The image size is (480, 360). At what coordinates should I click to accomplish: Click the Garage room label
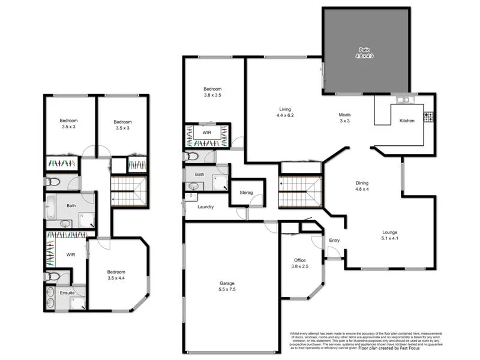coord(226,283)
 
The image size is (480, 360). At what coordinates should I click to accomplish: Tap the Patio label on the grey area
coord(364,50)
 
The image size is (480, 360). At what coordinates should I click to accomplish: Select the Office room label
coord(299,260)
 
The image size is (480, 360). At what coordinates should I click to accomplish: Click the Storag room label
coord(247,193)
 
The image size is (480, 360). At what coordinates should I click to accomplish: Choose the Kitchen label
coord(407,121)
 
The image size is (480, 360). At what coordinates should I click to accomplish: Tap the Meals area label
coord(344,115)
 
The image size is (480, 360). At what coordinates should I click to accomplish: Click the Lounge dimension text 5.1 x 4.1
coord(390,238)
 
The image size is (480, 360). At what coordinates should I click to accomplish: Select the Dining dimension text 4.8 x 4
coord(361,190)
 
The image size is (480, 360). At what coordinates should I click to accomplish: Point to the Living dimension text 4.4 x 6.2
coord(284,115)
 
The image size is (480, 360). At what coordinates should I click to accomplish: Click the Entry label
coord(334,241)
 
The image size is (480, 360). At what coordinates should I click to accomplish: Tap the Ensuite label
coord(67,292)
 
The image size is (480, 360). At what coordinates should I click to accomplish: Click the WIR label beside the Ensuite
coord(70,255)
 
